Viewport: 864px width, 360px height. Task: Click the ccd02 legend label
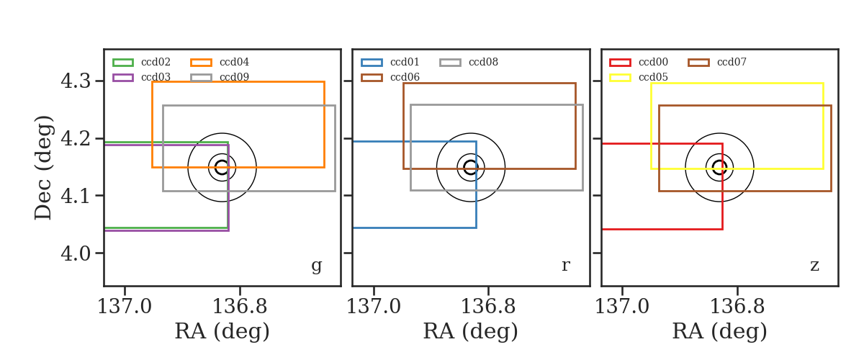coord(156,62)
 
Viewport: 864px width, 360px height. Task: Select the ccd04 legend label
coord(234,62)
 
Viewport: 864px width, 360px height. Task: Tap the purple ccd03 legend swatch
coord(123,78)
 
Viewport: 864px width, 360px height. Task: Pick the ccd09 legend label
coord(234,77)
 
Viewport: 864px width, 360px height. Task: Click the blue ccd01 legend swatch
coord(372,63)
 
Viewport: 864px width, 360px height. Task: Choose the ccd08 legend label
coord(483,62)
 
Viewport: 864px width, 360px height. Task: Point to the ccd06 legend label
coord(405,77)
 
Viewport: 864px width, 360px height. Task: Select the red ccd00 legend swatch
coord(620,63)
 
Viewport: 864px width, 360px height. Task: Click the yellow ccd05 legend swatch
coord(620,78)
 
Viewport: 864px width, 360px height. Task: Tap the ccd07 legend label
coord(732,62)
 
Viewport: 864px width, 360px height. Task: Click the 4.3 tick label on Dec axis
coord(76,81)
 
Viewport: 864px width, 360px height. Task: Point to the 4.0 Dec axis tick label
coord(76,253)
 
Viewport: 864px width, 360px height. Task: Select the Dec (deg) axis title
coord(42,168)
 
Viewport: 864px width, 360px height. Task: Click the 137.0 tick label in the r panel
coord(374,307)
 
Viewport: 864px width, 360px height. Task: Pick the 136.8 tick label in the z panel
coord(737,307)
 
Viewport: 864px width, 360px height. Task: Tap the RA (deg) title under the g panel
coord(222,331)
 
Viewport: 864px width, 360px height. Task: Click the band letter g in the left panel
coord(316,266)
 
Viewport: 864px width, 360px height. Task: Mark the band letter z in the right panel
coord(814,266)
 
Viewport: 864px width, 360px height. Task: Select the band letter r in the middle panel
coord(565,266)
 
